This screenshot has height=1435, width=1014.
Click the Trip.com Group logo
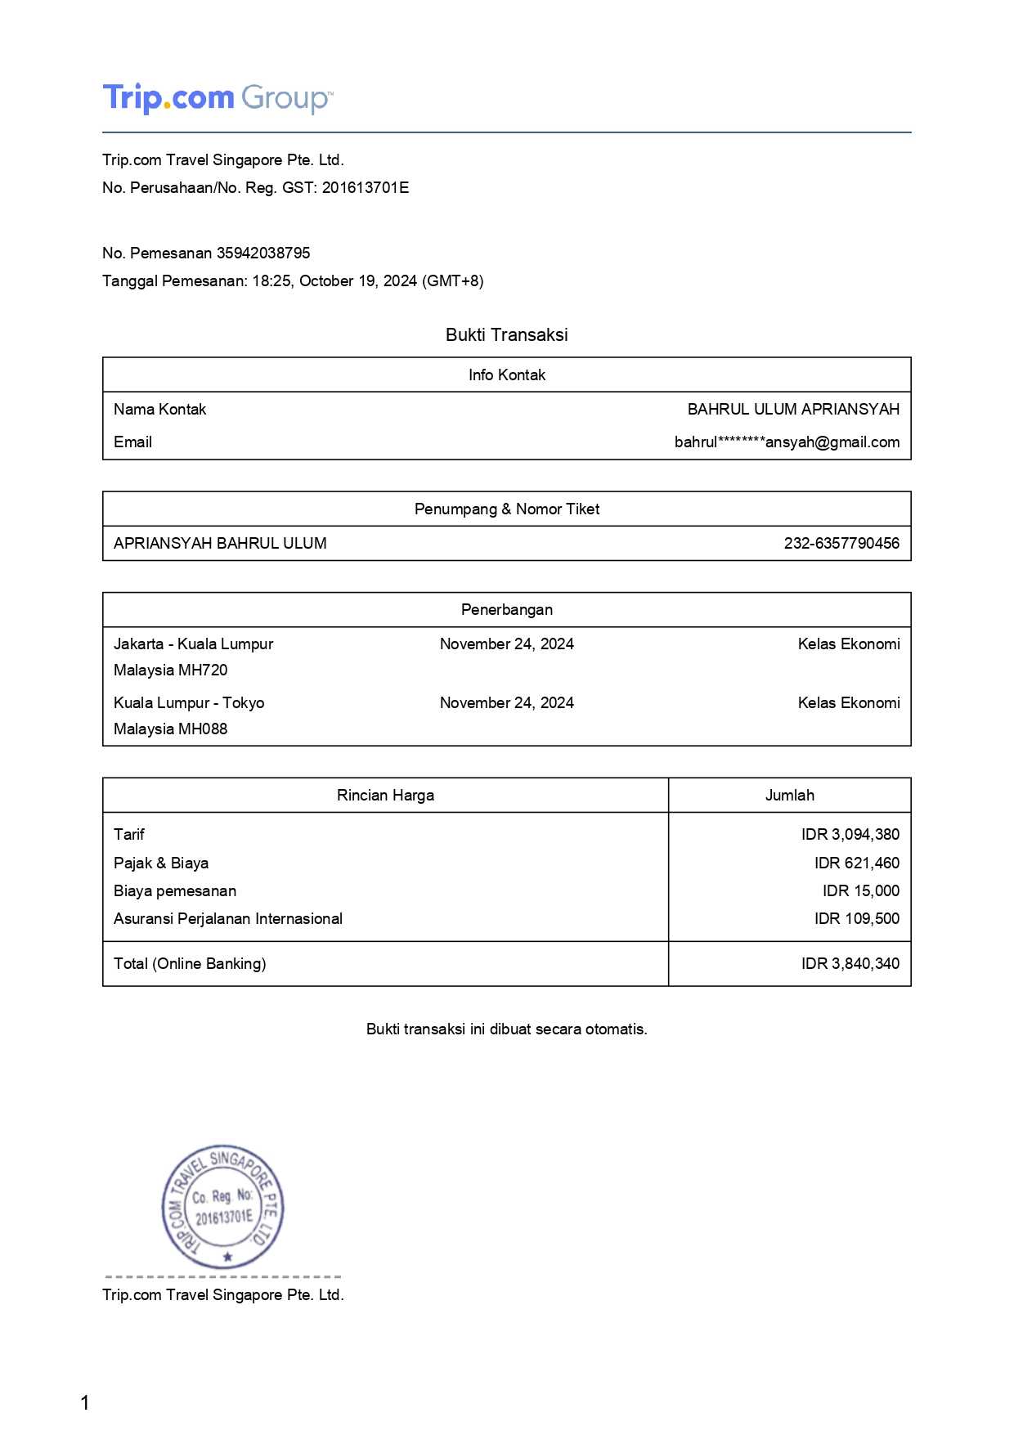tap(217, 98)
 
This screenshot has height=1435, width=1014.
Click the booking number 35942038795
tap(263, 253)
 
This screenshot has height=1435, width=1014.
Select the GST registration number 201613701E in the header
tap(366, 187)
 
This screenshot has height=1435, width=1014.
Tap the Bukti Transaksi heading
tap(506, 334)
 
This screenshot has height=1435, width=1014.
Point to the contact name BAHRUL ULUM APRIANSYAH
tap(793, 409)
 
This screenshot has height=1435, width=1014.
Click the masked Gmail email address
tap(787, 442)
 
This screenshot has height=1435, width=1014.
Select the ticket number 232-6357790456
tap(841, 543)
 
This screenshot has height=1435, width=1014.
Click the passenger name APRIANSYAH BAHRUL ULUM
tap(220, 543)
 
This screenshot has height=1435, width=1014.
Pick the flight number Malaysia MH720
tap(170, 670)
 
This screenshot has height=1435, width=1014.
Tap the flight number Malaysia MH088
tap(170, 729)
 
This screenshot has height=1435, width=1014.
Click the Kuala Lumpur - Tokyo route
tap(189, 702)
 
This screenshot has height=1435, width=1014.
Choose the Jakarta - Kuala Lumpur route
tap(193, 644)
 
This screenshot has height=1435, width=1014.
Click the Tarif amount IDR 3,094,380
tap(850, 834)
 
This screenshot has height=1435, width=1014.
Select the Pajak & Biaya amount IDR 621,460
tap(856, 863)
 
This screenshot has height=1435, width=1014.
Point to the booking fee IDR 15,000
tap(860, 890)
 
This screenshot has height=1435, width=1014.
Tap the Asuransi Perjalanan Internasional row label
tap(228, 918)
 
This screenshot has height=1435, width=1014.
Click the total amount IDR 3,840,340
tap(850, 963)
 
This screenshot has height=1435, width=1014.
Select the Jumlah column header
tap(789, 795)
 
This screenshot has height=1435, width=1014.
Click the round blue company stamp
tap(222, 1207)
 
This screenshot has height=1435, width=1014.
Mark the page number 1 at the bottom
tap(85, 1403)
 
